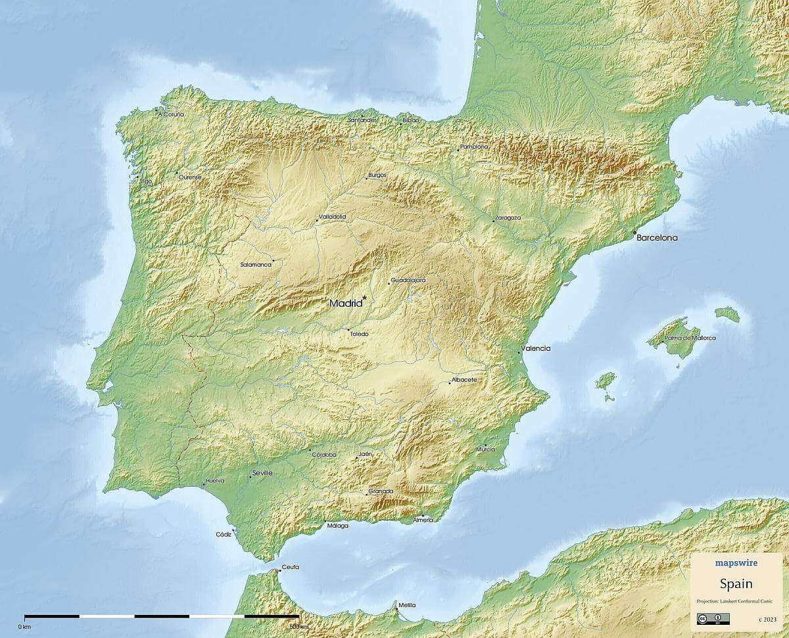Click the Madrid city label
[345, 304]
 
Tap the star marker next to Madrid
[364, 298]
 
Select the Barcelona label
[657, 238]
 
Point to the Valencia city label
[536, 348]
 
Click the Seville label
[262, 472]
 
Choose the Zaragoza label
[508, 217]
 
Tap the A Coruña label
[171, 114]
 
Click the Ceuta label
[290, 566]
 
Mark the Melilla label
[407, 604]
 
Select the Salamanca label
[256, 264]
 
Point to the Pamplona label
[475, 147]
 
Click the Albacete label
[464, 380]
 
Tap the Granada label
[381, 491]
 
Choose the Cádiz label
[224, 534]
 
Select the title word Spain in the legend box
[736, 583]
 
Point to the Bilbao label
[411, 120]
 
